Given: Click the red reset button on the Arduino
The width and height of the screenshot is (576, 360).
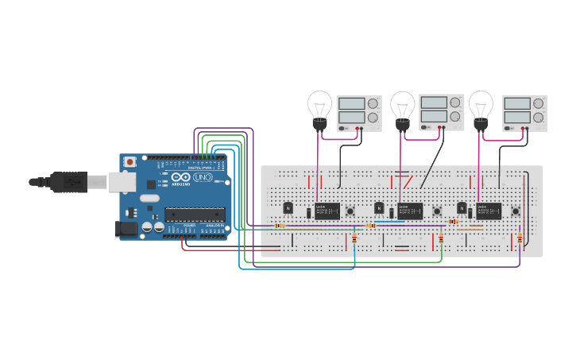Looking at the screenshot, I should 130,162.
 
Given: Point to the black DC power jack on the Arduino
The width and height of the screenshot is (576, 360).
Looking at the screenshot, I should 127,229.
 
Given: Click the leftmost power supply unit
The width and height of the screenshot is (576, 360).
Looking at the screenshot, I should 359,113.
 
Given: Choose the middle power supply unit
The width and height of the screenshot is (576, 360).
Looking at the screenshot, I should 442,112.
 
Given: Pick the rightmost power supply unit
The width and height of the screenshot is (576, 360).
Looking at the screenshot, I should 525,113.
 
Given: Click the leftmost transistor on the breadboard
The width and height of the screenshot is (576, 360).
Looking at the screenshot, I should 288,208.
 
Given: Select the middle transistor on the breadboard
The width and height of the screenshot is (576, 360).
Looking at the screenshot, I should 380,208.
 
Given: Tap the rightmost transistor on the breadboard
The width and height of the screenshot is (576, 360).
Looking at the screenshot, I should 462,208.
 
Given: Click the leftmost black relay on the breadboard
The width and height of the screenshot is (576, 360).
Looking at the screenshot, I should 327,211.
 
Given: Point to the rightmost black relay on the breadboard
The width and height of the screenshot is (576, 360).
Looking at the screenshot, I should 489,211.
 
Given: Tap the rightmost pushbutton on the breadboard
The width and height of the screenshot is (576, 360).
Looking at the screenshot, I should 516,211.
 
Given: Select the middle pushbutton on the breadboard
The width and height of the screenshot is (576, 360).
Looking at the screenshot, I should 436,211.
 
